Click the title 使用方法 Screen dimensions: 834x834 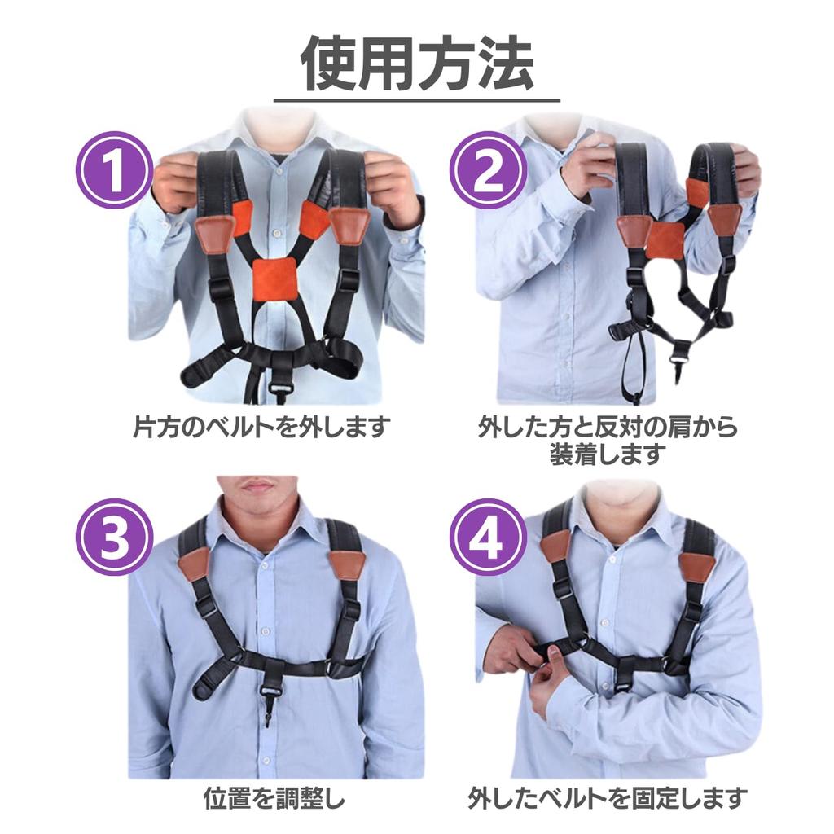[417, 64]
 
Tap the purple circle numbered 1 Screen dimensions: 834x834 [115, 170]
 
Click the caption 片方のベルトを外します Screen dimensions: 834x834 [261, 426]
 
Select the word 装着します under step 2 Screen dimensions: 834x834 [608, 454]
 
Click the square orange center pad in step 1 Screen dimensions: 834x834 [274, 279]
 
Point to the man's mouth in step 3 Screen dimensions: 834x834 [258, 486]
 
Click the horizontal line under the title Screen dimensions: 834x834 [417, 100]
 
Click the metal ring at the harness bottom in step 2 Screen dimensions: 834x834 [678, 353]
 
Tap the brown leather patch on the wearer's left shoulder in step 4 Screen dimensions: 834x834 [696, 565]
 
